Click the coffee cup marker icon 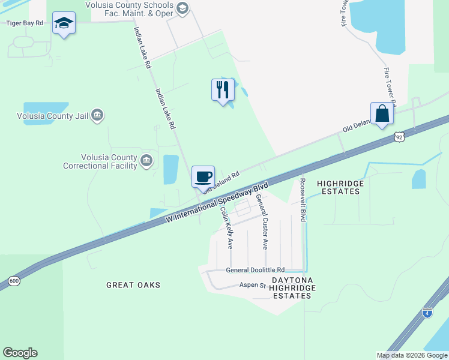203,176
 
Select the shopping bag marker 382,113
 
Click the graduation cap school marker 64,23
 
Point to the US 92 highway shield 400,137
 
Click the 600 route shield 13,281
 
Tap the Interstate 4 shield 427,313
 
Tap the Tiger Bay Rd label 25,23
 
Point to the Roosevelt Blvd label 303,199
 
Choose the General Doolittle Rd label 255,270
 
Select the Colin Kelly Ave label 226,228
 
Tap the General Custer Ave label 262,221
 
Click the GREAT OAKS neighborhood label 133,285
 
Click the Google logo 20,353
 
